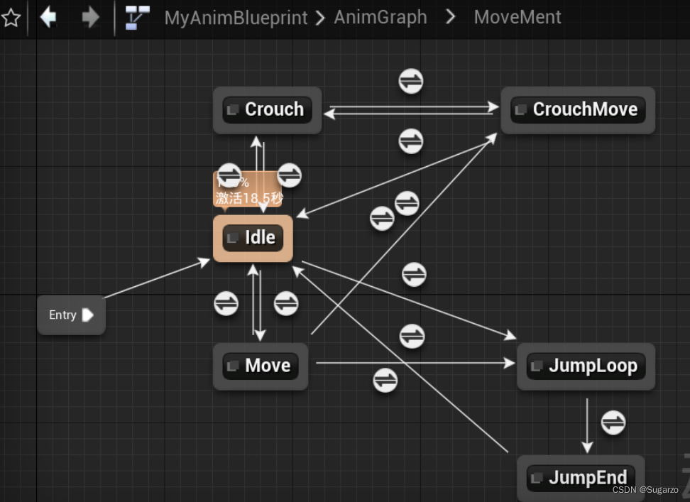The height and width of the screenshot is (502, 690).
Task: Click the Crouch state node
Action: (268, 110)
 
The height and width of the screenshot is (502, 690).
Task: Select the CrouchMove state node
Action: (578, 110)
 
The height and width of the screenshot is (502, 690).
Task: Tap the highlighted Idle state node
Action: (253, 238)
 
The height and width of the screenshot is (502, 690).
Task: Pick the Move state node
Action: (261, 366)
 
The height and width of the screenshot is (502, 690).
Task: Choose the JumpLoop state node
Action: (586, 366)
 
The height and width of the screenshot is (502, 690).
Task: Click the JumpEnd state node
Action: (581, 478)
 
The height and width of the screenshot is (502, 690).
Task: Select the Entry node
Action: (71, 315)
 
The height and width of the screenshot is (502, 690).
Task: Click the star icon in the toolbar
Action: (11, 18)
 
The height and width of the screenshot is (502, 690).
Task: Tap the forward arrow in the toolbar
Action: (90, 17)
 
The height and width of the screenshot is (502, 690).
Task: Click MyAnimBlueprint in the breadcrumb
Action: (236, 17)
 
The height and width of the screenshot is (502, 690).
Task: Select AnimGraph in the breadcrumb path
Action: (380, 17)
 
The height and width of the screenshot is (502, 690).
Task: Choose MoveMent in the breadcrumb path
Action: (517, 17)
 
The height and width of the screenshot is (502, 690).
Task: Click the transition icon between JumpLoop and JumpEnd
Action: (613, 423)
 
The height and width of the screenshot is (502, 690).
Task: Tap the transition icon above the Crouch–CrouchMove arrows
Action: (411, 81)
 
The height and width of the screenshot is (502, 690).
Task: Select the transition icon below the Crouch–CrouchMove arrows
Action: (411, 141)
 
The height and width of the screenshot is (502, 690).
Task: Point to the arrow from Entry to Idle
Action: (156, 278)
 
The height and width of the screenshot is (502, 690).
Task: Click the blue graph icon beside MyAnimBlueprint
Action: (137, 17)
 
